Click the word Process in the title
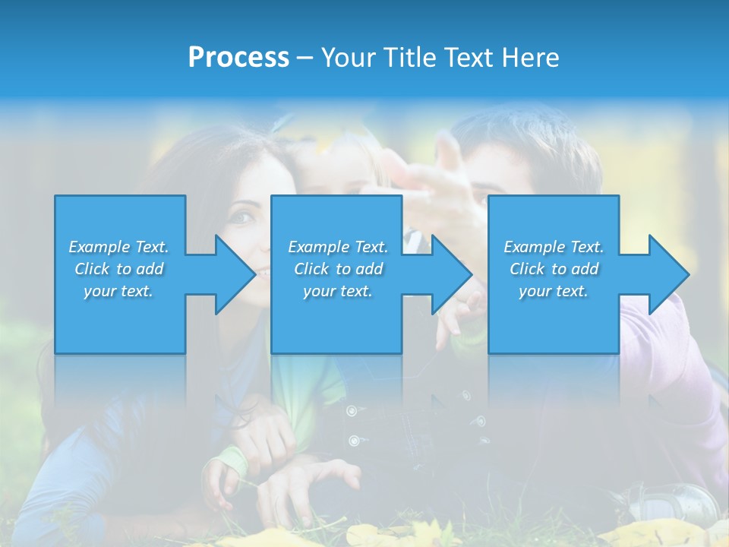click(238, 58)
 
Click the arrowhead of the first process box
click(236, 274)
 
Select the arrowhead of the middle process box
click(453, 274)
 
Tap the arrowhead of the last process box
click(669, 274)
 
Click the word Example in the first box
click(99, 247)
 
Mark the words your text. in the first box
click(118, 291)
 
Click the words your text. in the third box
click(554, 291)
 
